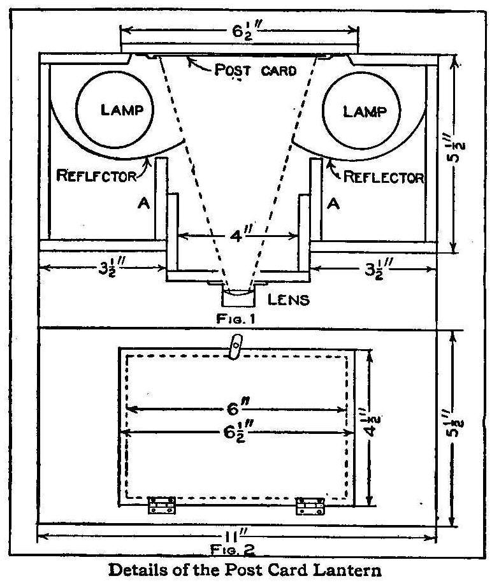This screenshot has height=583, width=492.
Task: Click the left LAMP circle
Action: [116, 111]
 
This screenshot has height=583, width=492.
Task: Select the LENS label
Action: [289, 299]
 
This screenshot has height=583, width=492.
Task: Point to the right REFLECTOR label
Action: [384, 176]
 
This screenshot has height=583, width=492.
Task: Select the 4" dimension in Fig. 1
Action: [238, 235]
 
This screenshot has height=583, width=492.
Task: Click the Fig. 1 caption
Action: [237, 317]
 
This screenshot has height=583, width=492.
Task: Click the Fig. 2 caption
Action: [237, 547]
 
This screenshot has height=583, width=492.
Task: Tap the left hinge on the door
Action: [162, 505]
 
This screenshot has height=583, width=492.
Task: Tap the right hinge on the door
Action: [310, 506]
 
